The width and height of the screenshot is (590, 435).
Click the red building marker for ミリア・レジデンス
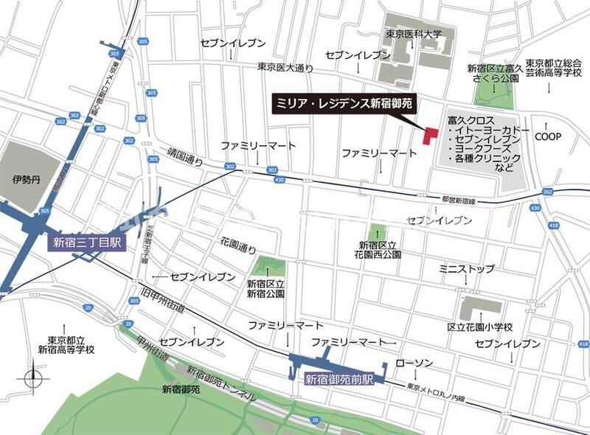(429, 135)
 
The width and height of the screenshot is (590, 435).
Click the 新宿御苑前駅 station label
(340, 380)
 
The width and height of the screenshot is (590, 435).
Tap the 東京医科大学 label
(413, 34)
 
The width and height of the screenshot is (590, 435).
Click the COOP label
(548, 136)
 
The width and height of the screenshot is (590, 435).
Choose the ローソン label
(414, 363)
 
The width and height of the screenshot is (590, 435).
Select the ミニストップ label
(467, 269)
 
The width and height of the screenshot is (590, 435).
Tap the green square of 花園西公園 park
(377, 232)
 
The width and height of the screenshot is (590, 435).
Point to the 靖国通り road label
(183, 156)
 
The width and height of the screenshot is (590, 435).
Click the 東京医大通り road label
(285, 67)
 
